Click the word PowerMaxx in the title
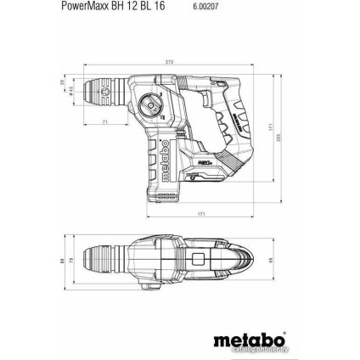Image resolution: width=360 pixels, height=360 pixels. [86, 5]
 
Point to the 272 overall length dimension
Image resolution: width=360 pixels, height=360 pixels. [169, 62]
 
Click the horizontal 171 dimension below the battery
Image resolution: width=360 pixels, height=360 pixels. [201, 214]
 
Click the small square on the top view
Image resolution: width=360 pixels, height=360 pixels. [198, 257]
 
